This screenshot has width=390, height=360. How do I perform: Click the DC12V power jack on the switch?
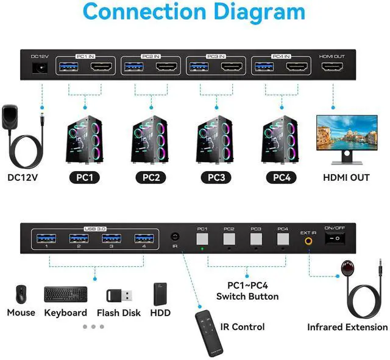[41, 68]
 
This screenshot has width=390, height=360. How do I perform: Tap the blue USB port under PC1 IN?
[67, 67]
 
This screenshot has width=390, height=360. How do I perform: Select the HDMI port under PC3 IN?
[233, 67]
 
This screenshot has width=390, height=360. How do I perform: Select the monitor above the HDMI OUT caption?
[342, 138]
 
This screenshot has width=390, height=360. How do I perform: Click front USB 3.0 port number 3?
[112, 238]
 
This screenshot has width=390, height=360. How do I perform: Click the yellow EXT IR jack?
[308, 240]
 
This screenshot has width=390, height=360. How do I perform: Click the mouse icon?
[20, 294]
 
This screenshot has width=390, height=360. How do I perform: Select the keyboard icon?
[65, 294]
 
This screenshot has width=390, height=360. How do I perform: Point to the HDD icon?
[160, 294]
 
